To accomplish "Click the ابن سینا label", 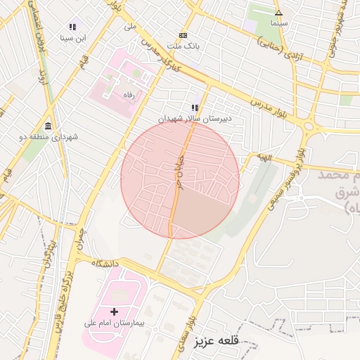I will [72, 37].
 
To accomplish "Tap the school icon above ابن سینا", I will [72, 26].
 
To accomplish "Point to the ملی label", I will [129, 26].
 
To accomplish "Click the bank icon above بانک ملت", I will [184, 34].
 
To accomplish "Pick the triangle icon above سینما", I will [278, 13].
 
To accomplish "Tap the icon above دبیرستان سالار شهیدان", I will [195, 108].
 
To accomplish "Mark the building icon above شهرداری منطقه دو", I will [48, 126].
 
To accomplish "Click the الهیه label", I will [263, 158].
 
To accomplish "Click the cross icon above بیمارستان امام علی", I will [114, 311].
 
